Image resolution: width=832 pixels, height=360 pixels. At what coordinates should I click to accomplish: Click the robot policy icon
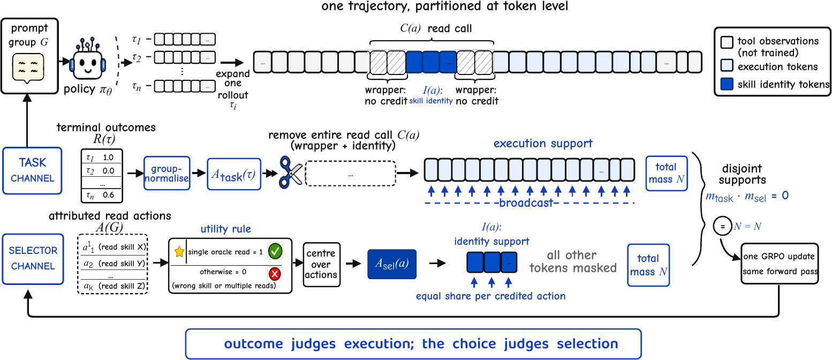coord(88,59)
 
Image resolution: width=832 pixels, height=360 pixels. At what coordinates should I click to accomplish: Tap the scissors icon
coord(291,172)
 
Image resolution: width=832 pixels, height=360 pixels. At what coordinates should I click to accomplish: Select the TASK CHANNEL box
coord(32,170)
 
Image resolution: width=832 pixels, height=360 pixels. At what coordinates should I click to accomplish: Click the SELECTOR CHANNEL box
coord(33,259)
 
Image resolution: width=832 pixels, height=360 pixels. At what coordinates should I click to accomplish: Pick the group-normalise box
coord(167,173)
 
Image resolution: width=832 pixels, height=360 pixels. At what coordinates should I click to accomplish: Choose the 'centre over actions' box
coord(321,264)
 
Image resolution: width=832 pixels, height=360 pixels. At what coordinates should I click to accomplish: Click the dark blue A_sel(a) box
coord(392,264)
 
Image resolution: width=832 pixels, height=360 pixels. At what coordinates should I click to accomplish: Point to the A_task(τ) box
coord(234,174)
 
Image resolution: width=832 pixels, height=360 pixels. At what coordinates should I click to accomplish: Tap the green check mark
coord(275,251)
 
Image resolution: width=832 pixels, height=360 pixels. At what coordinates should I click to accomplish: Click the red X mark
coord(275,274)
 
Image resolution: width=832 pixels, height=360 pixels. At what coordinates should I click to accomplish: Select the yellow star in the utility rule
coord(179,251)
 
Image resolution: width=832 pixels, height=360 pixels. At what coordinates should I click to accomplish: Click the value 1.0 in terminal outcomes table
coord(108,157)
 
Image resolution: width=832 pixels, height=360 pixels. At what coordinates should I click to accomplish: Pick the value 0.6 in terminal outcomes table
coord(108,195)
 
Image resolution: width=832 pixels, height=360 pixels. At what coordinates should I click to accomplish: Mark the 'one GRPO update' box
coord(780,264)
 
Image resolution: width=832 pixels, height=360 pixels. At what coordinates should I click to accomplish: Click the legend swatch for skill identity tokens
coord(727,84)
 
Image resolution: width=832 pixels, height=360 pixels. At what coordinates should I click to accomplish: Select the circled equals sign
coord(722,226)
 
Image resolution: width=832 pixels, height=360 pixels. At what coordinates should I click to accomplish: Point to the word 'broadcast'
coord(526,203)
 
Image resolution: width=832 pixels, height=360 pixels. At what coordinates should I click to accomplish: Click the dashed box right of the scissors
coord(351,174)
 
